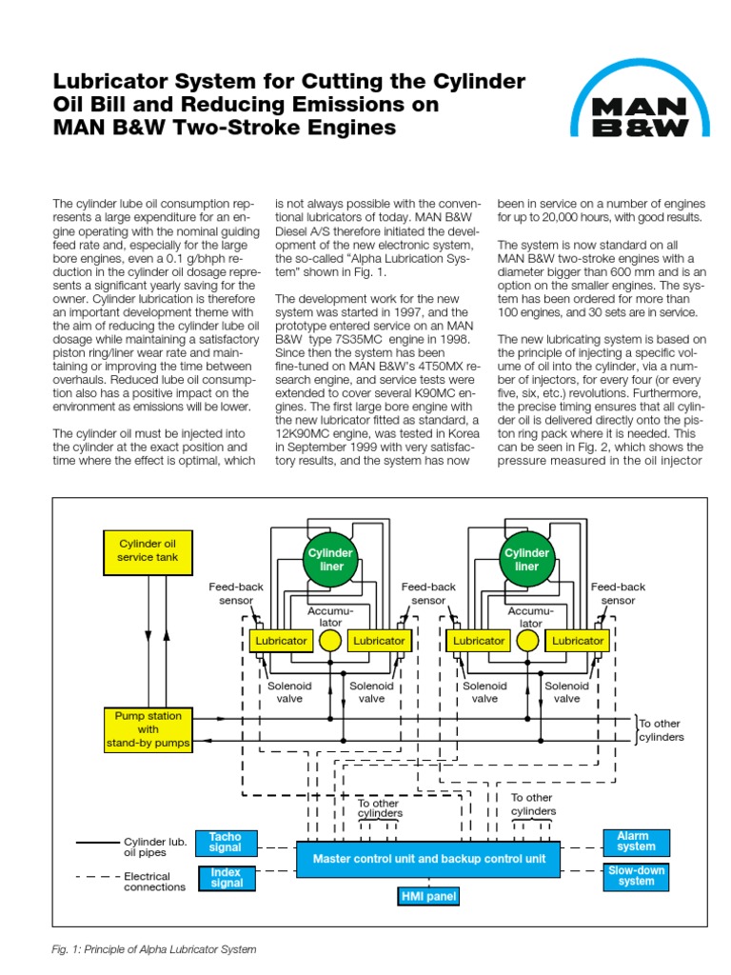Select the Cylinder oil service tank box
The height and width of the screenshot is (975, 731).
tap(148, 549)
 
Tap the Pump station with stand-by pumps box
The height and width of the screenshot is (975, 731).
tap(148, 728)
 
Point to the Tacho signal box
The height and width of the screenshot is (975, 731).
tap(226, 843)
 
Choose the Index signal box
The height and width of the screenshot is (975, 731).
tap(226, 877)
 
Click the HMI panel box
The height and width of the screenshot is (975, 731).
tap(428, 896)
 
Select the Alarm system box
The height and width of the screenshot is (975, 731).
tap(636, 842)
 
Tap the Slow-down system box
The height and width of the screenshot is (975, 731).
tap(636, 876)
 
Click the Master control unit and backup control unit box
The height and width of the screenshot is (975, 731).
tap(429, 859)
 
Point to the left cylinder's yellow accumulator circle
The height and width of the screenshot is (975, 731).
tap(330, 641)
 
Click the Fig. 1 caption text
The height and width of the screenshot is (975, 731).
tap(154, 949)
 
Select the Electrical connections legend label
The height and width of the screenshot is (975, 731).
tap(154, 882)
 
